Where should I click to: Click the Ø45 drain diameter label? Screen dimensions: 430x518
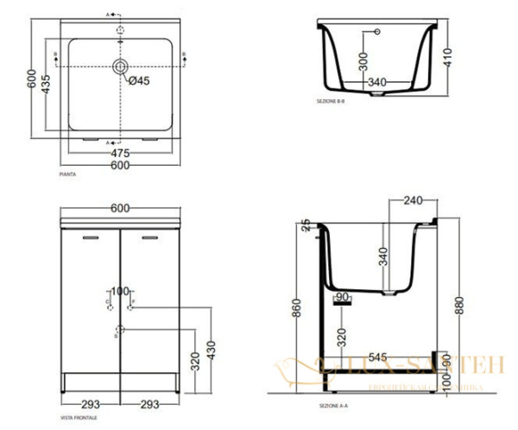[x=141, y=82]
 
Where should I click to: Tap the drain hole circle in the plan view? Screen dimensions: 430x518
[x=120, y=66]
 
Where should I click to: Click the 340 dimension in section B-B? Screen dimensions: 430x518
[x=377, y=83]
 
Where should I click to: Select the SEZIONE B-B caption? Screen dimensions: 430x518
[x=332, y=102]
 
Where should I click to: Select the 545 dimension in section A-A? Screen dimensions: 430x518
[x=376, y=356]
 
